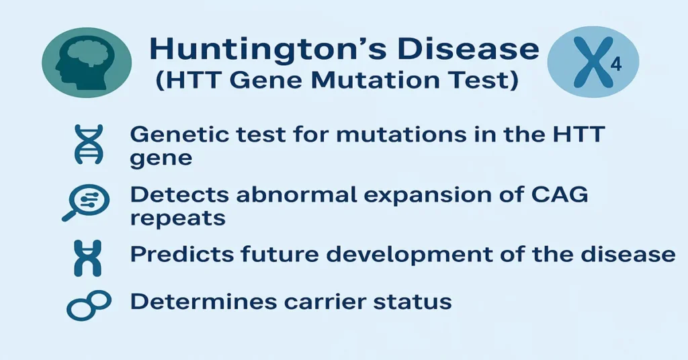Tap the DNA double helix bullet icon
[x=89, y=144]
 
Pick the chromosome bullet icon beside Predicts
[x=89, y=257]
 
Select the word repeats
[x=178, y=218]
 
